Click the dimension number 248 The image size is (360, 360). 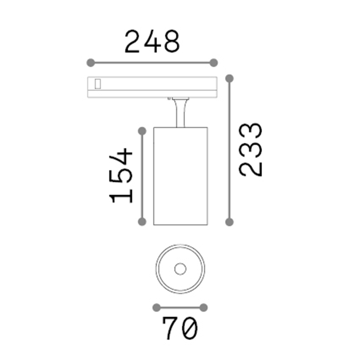tap(152, 42)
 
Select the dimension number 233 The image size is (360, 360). tap(251, 149)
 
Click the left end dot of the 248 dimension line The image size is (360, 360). tap(91, 63)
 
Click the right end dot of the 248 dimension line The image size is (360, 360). tap(214, 63)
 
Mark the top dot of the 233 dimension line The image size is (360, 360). tap(229, 78)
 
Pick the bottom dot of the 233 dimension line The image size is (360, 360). tap(229, 222)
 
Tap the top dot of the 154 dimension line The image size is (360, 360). tap(143, 131)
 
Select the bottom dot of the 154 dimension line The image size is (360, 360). tap(143, 221)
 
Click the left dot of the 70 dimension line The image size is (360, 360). tap(156, 307)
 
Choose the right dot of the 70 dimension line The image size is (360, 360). tap(204, 307)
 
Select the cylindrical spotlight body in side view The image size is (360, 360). tap(180, 176)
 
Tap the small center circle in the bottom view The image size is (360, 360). tap(180, 269)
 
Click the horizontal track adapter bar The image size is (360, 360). tap(152, 87)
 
